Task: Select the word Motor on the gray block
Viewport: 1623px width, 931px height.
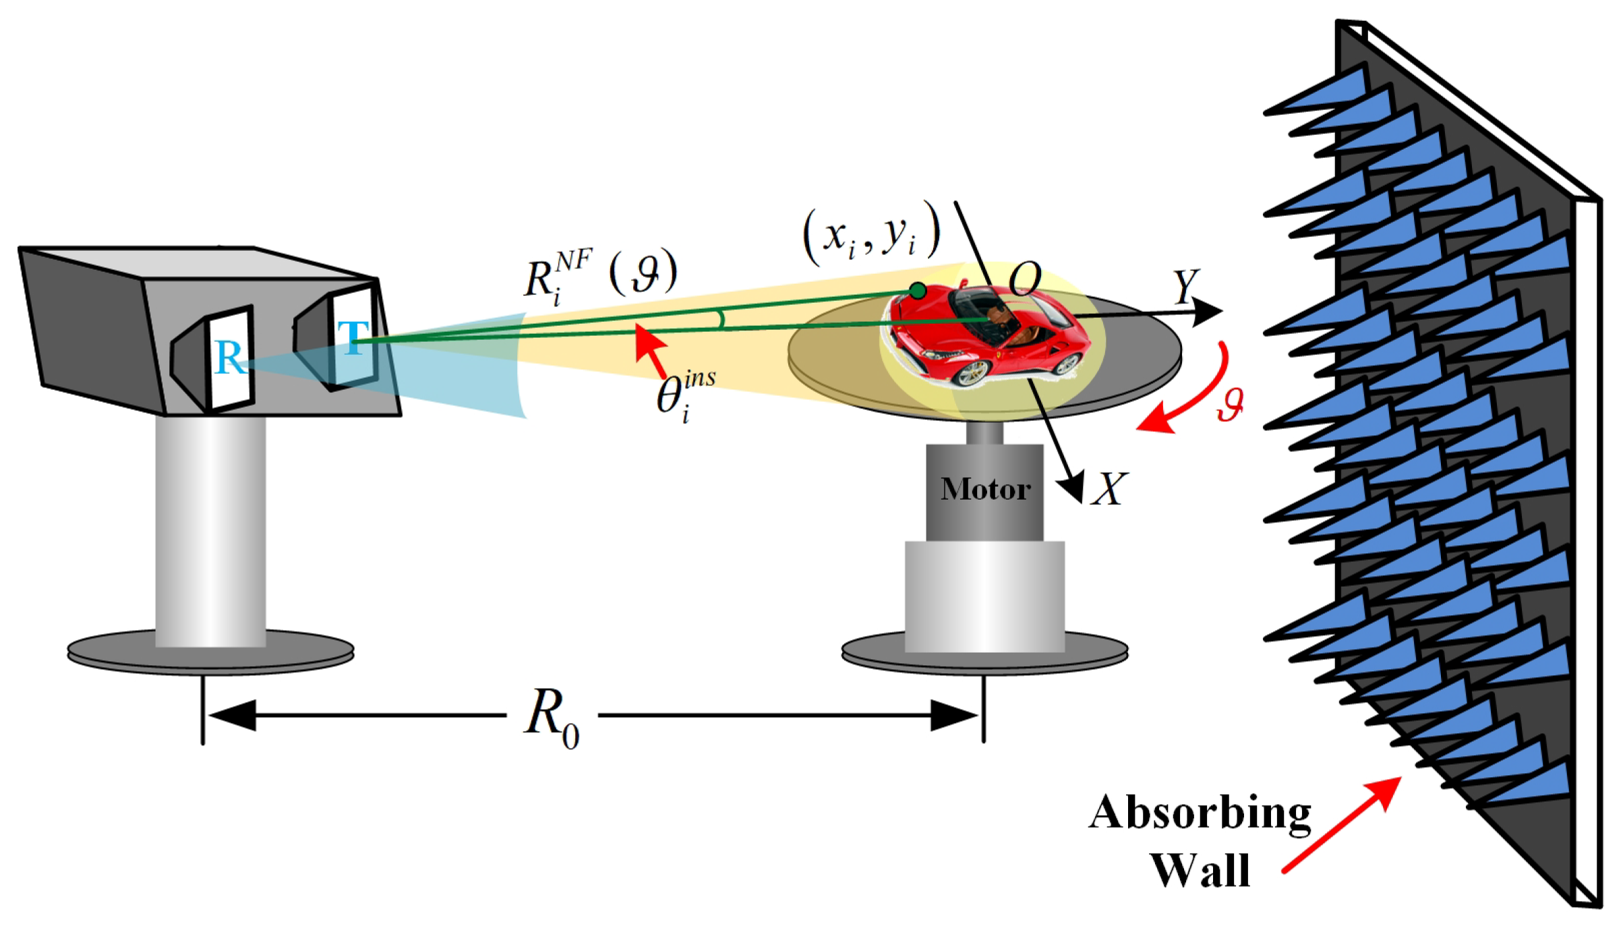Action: click(x=985, y=489)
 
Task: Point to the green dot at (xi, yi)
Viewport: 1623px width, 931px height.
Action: click(x=917, y=291)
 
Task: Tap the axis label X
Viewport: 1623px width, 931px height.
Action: click(x=1109, y=489)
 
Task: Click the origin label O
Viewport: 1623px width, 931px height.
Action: click(x=1025, y=278)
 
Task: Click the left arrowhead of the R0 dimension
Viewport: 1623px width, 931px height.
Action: click(x=233, y=715)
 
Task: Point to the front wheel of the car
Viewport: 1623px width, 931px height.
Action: click(x=974, y=371)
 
